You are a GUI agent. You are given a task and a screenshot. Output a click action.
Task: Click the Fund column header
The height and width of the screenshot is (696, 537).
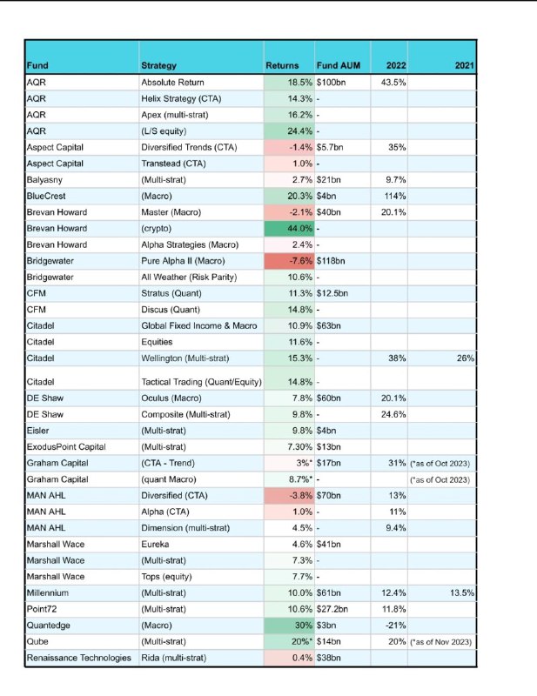[x=37, y=66]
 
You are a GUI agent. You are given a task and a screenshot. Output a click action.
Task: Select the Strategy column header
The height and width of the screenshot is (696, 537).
[x=158, y=66]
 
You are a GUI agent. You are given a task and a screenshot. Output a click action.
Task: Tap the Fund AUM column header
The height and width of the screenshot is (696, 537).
[x=339, y=66]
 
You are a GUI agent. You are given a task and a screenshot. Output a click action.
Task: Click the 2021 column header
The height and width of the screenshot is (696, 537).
[x=465, y=66]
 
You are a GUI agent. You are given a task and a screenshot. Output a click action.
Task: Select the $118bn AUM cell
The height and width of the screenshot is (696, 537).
[x=331, y=261]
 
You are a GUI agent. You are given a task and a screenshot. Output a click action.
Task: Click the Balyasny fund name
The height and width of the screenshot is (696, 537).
[x=44, y=180]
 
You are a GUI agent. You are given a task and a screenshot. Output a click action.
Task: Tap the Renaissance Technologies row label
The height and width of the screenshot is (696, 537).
[x=78, y=658]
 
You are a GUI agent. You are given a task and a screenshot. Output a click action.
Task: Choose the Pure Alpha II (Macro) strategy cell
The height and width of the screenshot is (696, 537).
[x=183, y=261]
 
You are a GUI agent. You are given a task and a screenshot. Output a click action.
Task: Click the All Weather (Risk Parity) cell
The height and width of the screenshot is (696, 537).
[x=189, y=278]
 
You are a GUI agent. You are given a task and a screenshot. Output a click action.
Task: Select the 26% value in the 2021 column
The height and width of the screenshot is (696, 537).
[x=466, y=358]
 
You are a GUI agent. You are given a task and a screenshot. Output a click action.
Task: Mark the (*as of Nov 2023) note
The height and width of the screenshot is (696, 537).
[x=440, y=642]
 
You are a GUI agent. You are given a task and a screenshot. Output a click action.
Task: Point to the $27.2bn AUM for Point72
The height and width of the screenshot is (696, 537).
[x=332, y=609]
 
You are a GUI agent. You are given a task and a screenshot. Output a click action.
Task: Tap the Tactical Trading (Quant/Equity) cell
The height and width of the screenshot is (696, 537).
[x=201, y=382]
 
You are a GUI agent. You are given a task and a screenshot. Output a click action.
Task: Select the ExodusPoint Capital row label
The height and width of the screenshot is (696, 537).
[x=66, y=447]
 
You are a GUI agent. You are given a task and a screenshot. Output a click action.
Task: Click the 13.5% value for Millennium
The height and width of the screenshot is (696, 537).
[x=462, y=593]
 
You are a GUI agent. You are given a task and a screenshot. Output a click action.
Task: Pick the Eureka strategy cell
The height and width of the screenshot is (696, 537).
[x=155, y=545]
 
